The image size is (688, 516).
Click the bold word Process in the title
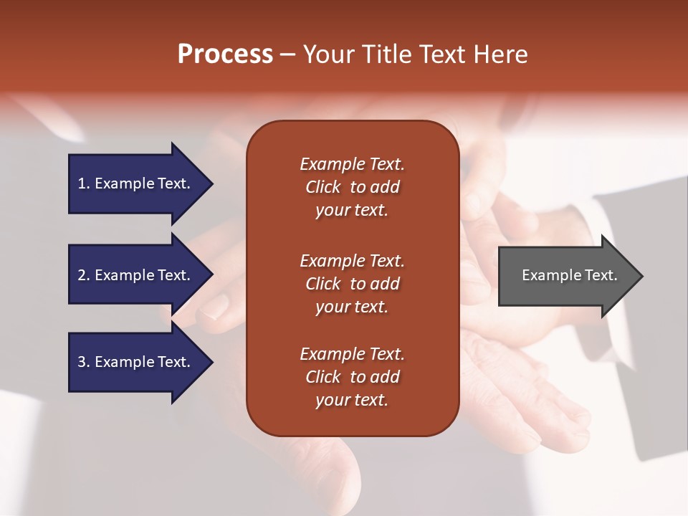[x=225, y=54]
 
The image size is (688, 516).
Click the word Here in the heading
[x=499, y=54]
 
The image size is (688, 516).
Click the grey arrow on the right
[x=566, y=276]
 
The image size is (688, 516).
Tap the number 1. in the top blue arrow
[x=84, y=183]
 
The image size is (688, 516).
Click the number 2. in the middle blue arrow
[x=84, y=275]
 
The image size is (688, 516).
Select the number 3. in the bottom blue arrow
[x=84, y=362]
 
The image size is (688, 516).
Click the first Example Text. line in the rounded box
[x=352, y=164]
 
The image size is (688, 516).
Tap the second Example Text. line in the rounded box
[x=352, y=260]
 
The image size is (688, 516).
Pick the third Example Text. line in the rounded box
[x=352, y=353]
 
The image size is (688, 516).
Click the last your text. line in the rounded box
[x=352, y=400]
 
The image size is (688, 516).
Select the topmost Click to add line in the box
[x=352, y=187]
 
